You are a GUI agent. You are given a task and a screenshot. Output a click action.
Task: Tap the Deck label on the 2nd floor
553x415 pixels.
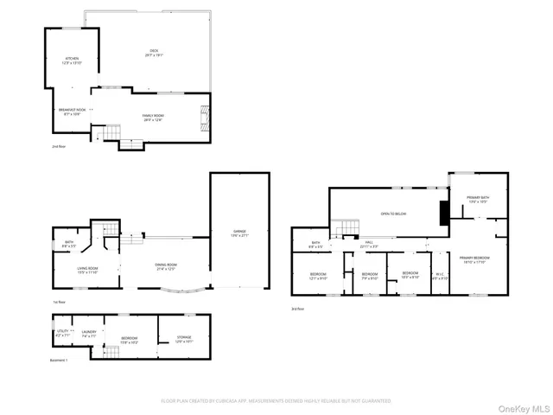[154, 54]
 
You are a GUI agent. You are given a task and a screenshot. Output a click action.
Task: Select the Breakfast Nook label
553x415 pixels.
[73, 112]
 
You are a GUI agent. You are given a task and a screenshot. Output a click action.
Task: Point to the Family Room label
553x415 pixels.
[153, 118]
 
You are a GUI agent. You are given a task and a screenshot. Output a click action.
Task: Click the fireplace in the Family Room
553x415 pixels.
[204, 112]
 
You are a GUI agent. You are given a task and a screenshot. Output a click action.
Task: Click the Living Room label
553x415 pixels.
[87, 270]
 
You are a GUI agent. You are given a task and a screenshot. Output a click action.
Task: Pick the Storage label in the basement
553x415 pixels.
[185, 339]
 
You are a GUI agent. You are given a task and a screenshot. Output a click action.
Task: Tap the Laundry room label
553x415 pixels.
[89, 333]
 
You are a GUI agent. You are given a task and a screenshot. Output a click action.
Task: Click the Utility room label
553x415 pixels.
[63, 333]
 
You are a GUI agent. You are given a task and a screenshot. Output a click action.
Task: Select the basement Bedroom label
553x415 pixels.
[129, 340]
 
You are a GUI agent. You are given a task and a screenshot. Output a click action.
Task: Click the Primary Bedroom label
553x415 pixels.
[474, 259]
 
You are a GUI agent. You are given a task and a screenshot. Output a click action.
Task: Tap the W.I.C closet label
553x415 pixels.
[440, 278]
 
